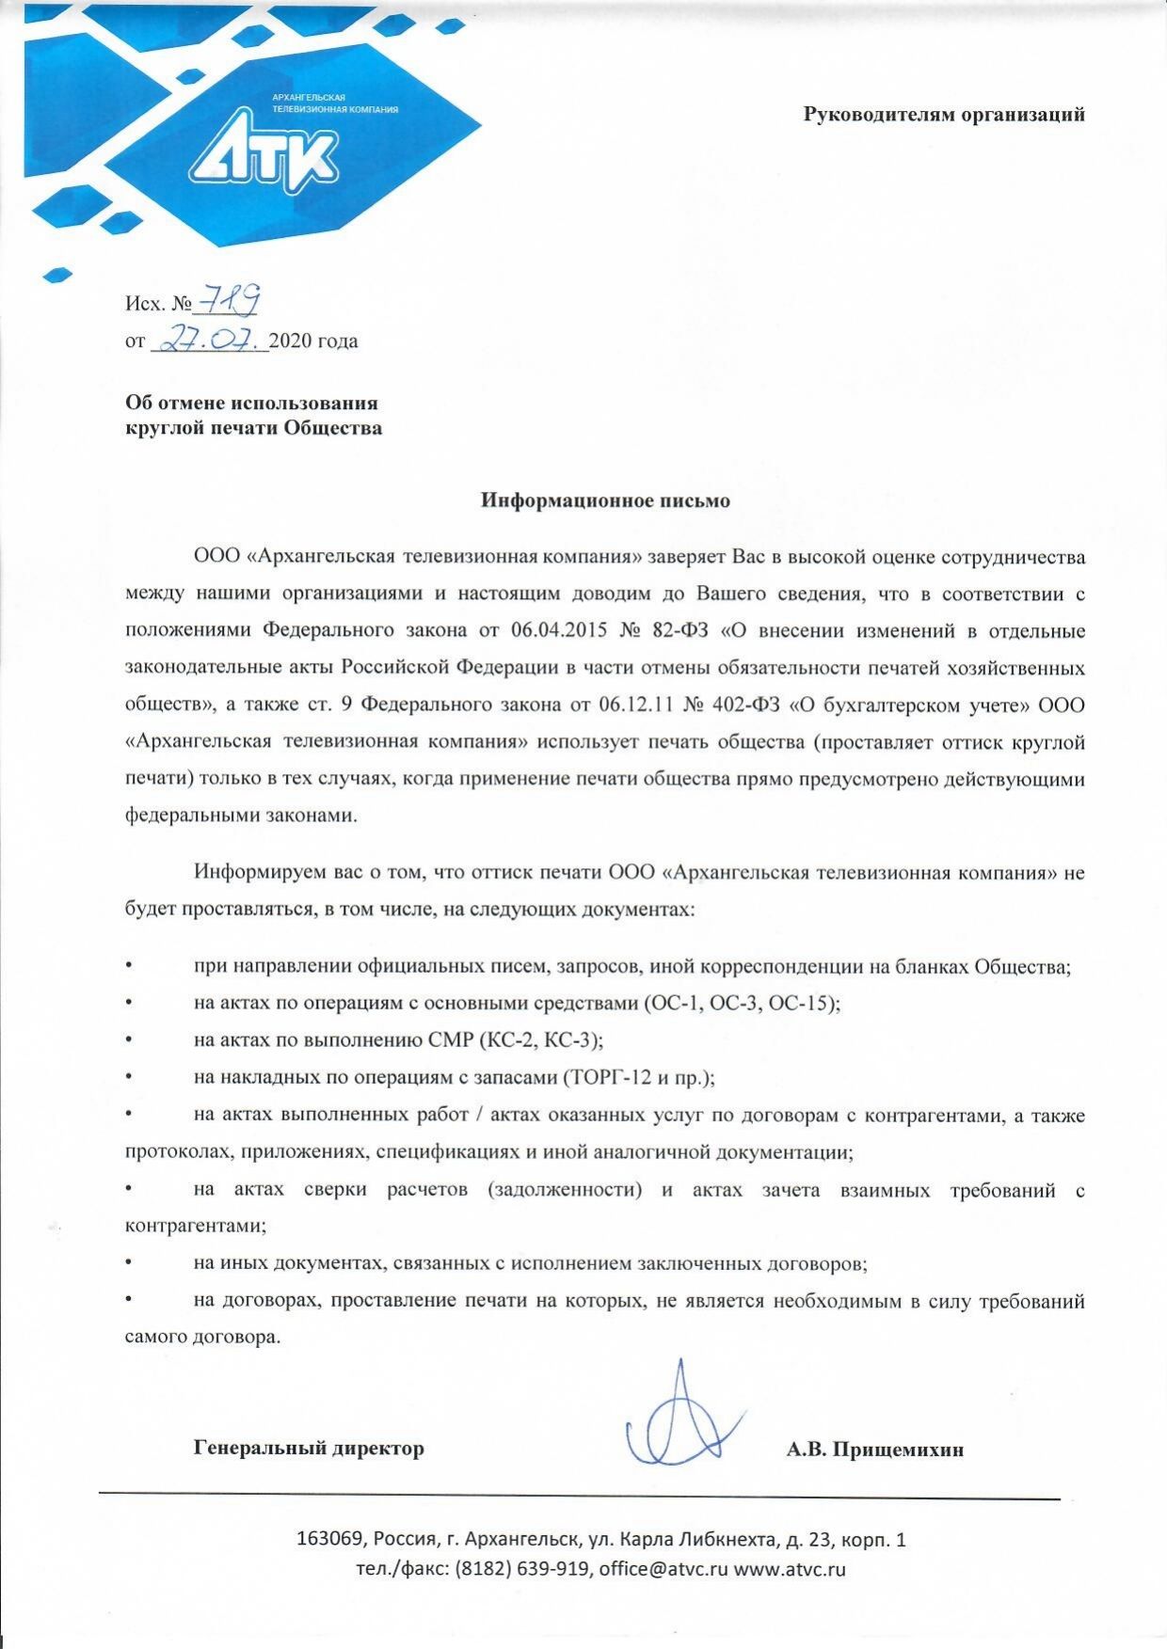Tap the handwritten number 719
(x=227, y=302)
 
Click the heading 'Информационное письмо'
(x=605, y=500)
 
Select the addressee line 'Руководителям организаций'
(x=944, y=115)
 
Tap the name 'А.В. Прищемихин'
(x=875, y=1450)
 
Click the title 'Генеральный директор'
(x=309, y=1448)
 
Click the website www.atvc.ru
(x=790, y=1569)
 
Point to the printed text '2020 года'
(x=313, y=341)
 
